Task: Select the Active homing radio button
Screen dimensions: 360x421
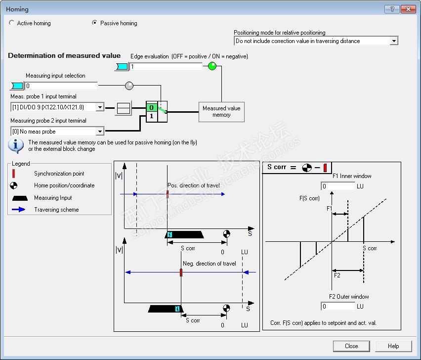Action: (12, 23)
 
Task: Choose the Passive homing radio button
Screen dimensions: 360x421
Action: (95, 23)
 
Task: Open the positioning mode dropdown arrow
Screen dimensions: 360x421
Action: (393, 41)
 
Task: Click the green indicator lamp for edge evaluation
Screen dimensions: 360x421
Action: (212, 66)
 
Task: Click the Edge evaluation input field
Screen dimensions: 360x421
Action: (166, 66)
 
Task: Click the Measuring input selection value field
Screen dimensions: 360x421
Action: (61, 86)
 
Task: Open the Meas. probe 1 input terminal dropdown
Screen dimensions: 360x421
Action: (100, 107)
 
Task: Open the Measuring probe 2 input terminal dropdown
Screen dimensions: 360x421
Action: (100, 132)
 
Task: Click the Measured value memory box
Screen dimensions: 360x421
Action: (221, 112)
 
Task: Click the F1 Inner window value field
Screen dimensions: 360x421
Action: (338, 186)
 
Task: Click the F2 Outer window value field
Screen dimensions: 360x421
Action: (338, 307)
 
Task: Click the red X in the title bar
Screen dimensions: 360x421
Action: (408, 9)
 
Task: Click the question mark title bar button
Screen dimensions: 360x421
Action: (392, 9)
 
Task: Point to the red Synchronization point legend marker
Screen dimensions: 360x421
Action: (14, 174)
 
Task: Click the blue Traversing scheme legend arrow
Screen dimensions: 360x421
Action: (18, 210)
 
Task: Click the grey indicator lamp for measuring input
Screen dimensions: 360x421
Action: (129, 86)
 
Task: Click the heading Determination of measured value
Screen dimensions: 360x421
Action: (64, 56)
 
